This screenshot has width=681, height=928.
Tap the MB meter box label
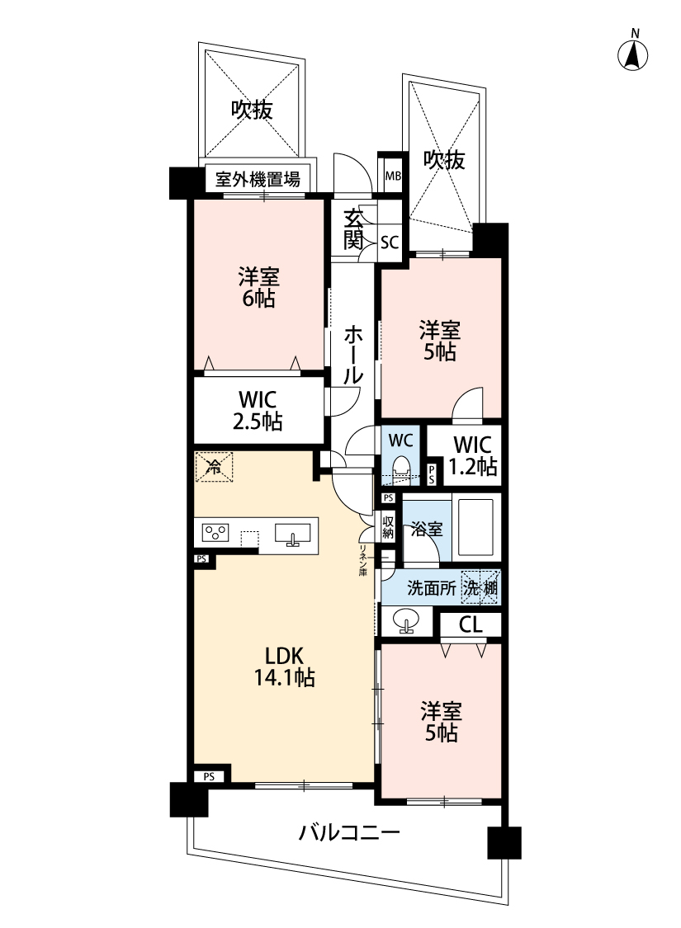click(393, 176)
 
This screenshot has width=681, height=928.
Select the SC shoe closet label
click(389, 242)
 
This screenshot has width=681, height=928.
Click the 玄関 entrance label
click(353, 229)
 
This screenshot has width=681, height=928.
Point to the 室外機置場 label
click(257, 179)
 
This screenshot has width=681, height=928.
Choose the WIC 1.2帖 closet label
click(472, 455)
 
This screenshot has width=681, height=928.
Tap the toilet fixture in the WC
click(402, 466)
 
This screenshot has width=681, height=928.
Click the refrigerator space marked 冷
click(214, 467)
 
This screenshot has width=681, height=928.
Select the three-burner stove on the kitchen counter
click(215, 533)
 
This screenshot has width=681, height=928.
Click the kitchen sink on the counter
click(292, 535)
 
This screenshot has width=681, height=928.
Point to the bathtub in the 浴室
click(475, 529)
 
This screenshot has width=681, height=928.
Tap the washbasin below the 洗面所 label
click(405, 621)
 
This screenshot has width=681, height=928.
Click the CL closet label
click(471, 625)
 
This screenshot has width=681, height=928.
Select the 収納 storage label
click(388, 527)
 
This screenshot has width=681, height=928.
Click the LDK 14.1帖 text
click(284, 667)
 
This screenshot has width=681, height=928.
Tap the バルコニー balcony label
click(349, 833)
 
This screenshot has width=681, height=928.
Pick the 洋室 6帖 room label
click(259, 288)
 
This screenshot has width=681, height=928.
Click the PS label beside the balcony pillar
click(209, 777)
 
